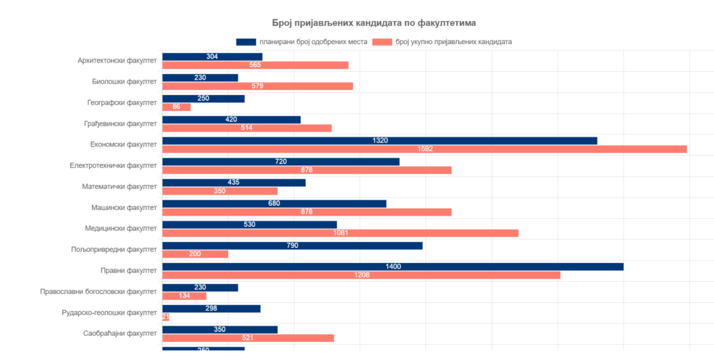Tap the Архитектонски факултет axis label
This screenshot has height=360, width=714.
tap(117, 61)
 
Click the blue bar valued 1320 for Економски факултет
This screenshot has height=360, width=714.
tap(379, 140)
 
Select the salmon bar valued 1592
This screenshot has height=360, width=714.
tap(424, 149)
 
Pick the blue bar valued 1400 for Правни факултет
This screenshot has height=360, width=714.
tap(393, 267)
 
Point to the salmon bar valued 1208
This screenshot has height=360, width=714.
tap(360, 276)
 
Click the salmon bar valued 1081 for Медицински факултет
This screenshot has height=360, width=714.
tap(340, 233)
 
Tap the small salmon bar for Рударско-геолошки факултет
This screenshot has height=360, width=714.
tap(165, 317)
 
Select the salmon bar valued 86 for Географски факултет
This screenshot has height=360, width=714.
tap(176, 107)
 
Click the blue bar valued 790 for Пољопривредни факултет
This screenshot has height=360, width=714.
tap(292, 246)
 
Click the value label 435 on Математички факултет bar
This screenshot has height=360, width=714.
tap(234, 182)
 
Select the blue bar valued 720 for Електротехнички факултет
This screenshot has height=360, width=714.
tap(280, 161)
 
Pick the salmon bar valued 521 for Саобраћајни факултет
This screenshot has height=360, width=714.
tap(248, 338)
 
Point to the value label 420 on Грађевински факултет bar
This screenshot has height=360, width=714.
tap(231, 119)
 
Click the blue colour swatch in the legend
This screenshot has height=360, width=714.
tap(246, 42)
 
